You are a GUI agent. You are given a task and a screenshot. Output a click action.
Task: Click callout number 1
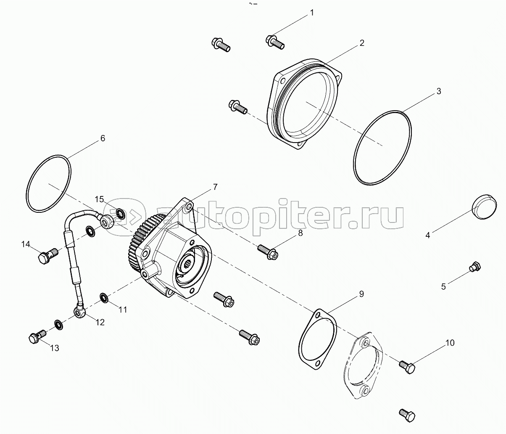(x=312, y=13)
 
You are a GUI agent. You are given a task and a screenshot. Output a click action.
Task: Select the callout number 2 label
(x=362, y=43)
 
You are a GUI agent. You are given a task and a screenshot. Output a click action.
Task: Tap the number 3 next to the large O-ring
(x=439, y=91)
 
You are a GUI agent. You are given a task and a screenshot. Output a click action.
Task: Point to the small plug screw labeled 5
(x=475, y=267)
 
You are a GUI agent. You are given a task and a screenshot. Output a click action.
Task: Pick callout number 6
(x=103, y=138)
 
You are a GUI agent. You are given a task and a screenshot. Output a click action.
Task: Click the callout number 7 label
(x=215, y=187)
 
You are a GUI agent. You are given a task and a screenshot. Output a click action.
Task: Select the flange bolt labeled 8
(x=268, y=252)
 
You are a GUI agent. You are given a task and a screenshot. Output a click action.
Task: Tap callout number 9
(x=361, y=294)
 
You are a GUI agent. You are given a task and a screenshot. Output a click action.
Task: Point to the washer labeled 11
(x=104, y=298)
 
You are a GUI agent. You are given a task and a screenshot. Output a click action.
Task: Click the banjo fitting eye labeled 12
(x=80, y=311)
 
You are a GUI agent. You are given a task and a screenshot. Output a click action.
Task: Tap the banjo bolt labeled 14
(x=48, y=255)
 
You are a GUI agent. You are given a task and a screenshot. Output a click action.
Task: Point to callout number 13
(x=55, y=348)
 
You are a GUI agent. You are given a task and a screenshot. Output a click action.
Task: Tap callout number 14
(x=26, y=244)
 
